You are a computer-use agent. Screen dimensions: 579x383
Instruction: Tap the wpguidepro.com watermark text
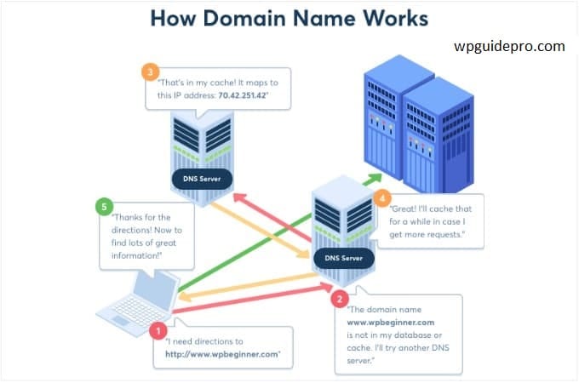point(509,47)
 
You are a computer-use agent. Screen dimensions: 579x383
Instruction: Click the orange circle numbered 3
point(151,72)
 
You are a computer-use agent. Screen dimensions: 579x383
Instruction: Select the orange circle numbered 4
point(382,198)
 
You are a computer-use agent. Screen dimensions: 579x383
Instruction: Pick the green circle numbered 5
point(104,207)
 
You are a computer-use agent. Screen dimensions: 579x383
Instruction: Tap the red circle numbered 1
point(158,330)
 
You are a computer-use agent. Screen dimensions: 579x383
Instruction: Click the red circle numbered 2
point(340,299)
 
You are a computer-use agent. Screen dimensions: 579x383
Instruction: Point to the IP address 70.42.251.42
point(242,95)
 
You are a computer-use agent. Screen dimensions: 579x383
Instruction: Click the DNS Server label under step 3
point(202,179)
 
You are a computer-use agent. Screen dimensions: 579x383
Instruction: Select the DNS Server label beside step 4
point(343,258)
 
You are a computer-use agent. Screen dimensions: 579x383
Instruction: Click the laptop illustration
point(139,302)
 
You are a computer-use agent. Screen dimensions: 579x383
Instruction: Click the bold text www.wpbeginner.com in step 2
point(391,323)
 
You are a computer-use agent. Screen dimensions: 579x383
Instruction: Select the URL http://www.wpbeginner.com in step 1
point(222,354)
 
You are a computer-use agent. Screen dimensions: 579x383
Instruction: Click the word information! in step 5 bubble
point(136,255)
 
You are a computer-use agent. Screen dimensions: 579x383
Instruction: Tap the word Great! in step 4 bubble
point(404,209)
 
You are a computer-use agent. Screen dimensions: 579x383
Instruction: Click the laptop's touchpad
point(121,320)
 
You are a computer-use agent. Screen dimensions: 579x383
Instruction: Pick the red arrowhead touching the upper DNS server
point(240,198)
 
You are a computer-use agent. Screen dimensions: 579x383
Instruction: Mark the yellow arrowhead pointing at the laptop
point(184,296)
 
